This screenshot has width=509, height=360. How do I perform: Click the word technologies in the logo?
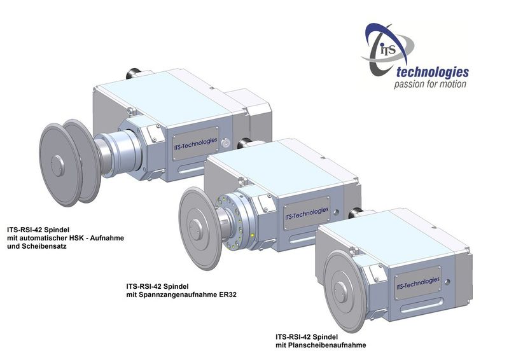433,73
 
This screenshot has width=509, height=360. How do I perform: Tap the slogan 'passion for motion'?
430,85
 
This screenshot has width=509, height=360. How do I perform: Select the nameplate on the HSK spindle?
195,144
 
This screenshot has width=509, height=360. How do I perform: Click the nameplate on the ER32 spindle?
307,213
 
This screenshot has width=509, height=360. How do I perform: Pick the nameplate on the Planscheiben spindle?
418,284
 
